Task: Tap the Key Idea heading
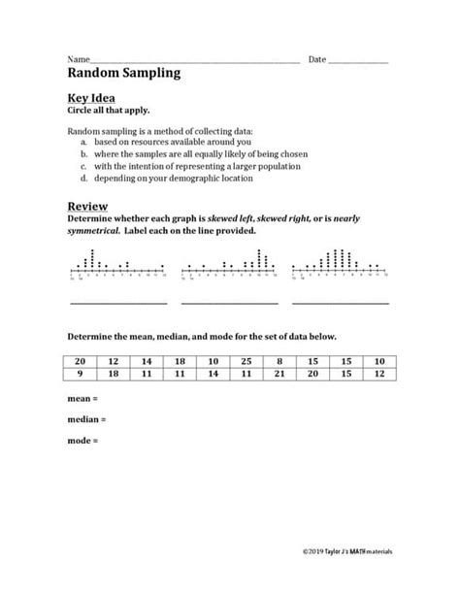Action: (x=91, y=99)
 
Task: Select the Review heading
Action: (x=87, y=206)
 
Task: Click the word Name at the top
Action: (x=78, y=59)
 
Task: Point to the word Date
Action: (x=317, y=59)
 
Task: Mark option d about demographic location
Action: (x=165, y=179)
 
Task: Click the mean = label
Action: (x=83, y=399)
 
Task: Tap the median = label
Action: (x=87, y=419)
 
